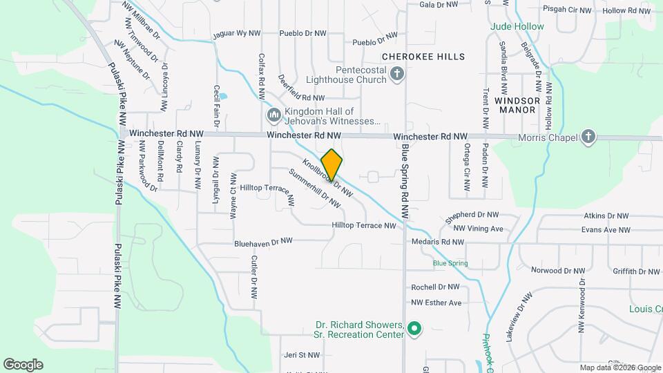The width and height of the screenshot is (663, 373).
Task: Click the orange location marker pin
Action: coord(331,165)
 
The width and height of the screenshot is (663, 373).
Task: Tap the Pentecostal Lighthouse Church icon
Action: coord(397,74)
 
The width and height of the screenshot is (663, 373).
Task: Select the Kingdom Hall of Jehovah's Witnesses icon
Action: coord(273,114)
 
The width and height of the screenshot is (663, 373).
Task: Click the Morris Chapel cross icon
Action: coord(588,136)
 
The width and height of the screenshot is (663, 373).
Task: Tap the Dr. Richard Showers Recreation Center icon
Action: coord(414,329)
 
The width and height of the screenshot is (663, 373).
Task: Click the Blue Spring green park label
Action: coord(450,263)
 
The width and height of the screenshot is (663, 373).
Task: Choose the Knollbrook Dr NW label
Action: coord(323,173)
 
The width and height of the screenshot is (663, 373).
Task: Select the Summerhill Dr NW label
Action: coord(315,189)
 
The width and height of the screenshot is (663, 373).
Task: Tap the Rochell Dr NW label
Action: coord(435,287)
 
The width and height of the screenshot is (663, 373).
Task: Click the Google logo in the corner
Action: coord(23,364)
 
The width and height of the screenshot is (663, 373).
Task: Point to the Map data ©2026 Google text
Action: coord(619,367)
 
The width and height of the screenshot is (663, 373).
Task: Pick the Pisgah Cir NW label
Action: coord(568,10)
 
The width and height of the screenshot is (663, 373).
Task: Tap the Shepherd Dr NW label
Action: coord(471,216)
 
